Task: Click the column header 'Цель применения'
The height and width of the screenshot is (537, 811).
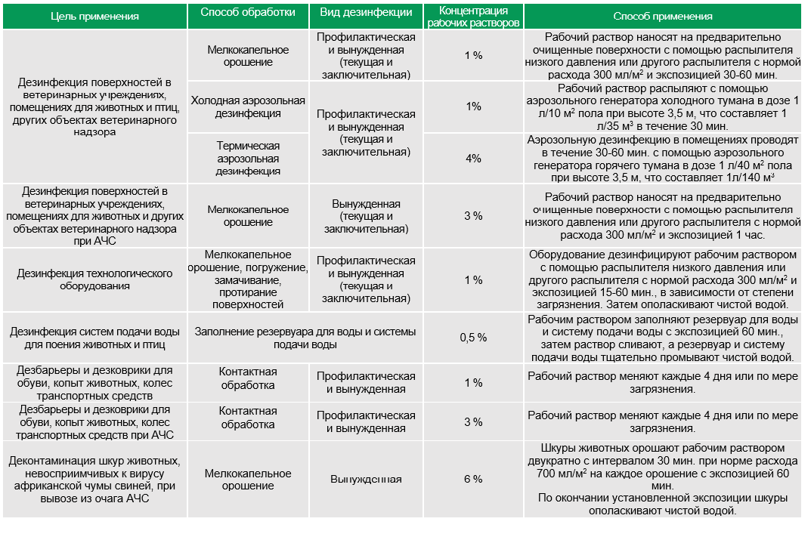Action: click(94, 17)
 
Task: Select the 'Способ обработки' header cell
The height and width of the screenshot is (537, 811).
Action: click(248, 12)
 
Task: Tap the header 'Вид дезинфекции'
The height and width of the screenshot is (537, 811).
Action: click(366, 12)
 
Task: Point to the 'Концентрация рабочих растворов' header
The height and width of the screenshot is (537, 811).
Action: click(473, 17)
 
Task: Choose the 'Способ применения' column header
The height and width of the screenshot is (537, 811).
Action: click(663, 17)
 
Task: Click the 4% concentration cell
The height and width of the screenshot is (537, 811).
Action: click(473, 159)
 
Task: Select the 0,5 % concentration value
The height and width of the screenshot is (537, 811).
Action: click(473, 338)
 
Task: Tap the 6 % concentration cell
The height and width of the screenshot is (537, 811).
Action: click(473, 479)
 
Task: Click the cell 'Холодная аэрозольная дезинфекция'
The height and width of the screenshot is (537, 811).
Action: click(248, 107)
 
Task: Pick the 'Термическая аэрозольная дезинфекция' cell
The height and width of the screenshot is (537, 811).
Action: click(248, 159)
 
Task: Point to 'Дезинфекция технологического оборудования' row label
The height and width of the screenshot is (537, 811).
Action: click(94, 279)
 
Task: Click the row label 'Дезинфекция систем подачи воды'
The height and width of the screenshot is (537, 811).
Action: click(94, 338)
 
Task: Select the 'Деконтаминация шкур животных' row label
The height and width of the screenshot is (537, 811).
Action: click(94, 480)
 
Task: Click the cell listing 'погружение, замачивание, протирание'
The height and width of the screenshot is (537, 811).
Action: click(248, 279)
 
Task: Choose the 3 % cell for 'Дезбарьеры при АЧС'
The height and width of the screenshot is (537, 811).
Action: click(473, 422)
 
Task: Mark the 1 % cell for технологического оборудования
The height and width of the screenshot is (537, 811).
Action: click(473, 280)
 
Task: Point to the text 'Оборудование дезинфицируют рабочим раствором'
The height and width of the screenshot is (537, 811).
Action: click(663, 255)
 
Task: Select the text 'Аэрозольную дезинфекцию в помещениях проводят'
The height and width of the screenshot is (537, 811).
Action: click(663, 140)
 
